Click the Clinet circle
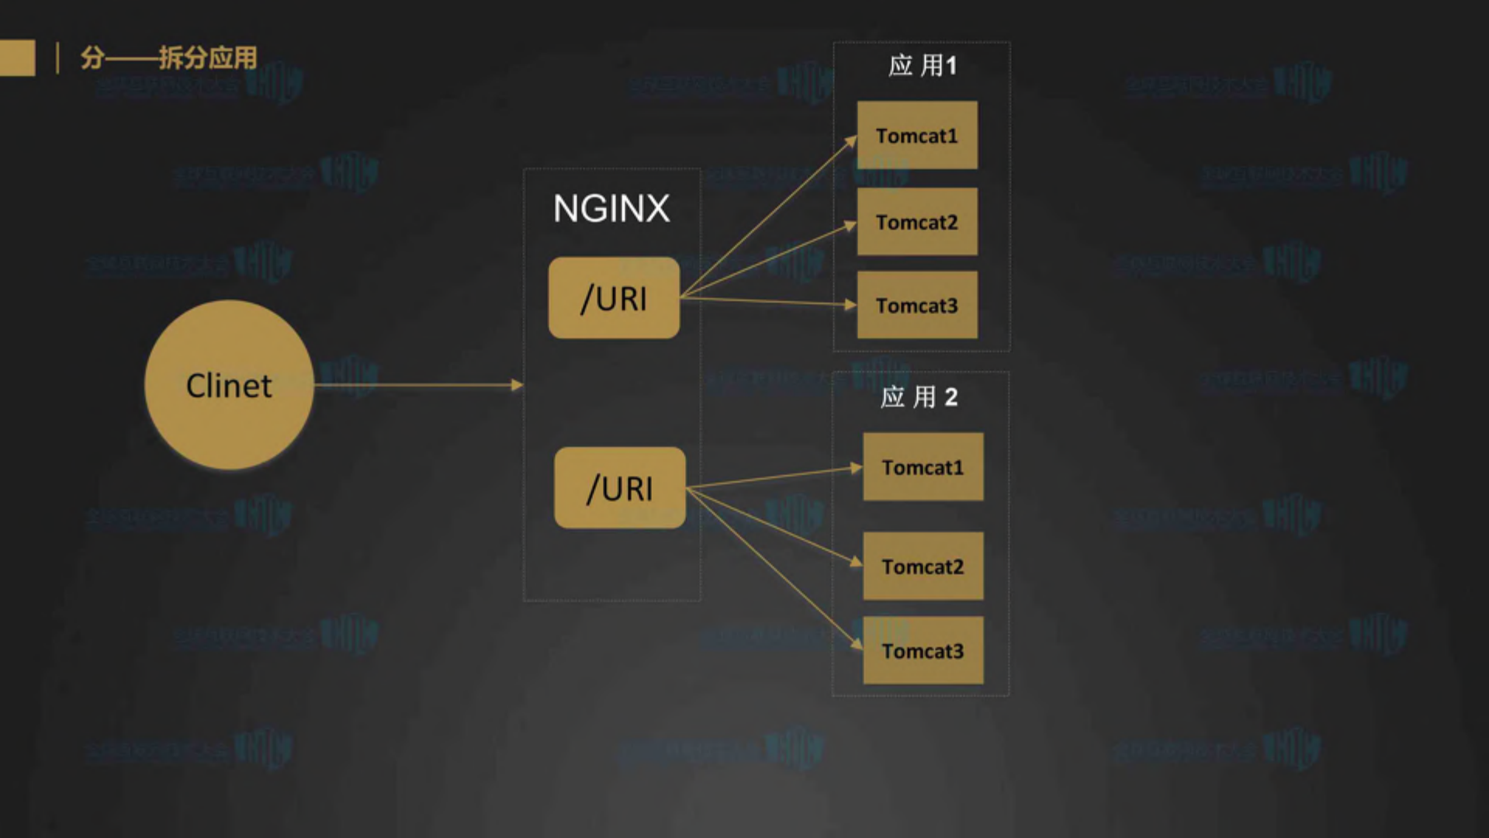(229, 385)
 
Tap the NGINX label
(611, 208)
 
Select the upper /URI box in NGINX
(614, 298)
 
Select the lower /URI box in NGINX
(620, 488)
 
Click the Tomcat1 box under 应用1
(917, 135)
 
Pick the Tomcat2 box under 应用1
(917, 222)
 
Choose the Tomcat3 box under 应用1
(917, 305)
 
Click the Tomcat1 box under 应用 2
(923, 467)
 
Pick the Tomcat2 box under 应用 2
(923, 566)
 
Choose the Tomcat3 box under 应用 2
(923, 650)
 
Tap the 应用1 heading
(922, 66)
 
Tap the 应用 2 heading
(919, 397)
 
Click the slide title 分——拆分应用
(168, 57)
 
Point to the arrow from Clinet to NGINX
(419, 385)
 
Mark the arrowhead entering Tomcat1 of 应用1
(852, 140)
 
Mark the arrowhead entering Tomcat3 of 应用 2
(857, 644)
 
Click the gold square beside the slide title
(17, 57)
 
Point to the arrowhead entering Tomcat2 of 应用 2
(857, 562)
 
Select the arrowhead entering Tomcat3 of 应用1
(850, 305)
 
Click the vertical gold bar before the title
(57, 58)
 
